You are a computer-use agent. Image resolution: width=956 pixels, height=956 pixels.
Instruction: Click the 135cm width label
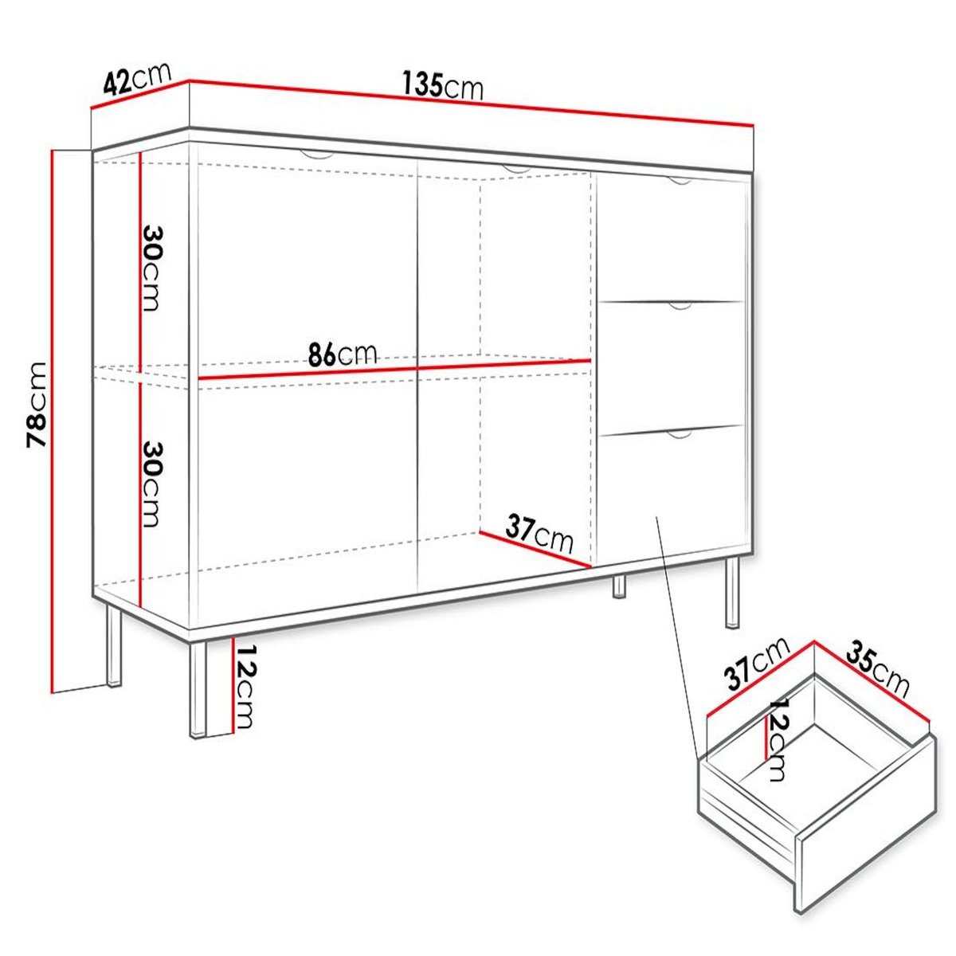[x=443, y=84]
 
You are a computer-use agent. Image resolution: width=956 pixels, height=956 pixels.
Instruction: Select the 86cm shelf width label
[x=343, y=353]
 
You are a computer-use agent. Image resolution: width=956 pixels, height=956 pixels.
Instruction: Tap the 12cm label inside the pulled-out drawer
[x=776, y=740]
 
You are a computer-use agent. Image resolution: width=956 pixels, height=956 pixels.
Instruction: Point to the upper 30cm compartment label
[x=151, y=266]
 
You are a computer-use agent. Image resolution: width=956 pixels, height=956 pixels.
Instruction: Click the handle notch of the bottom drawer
[x=679, y=435]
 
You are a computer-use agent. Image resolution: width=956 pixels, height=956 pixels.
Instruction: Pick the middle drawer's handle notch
[x=679, y=305]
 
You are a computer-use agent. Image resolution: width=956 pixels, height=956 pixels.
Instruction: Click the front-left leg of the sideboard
[x=197, y=688]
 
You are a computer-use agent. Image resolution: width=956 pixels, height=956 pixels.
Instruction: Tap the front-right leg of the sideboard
[x=732, y=594]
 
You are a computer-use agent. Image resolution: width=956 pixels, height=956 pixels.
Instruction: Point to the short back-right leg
[x=618, y=586]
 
